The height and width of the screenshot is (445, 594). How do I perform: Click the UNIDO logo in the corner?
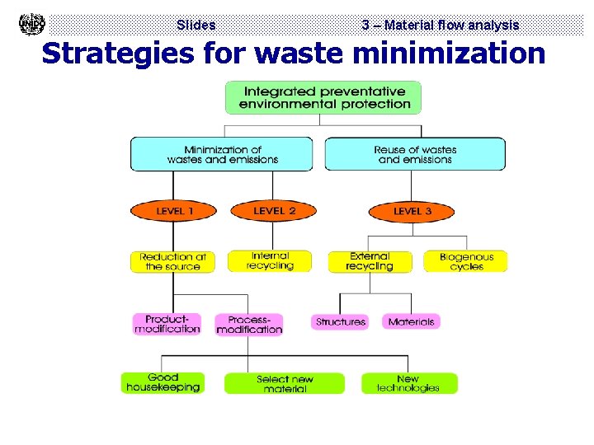[31, 24]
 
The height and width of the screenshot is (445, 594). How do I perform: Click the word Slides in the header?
[196, 26]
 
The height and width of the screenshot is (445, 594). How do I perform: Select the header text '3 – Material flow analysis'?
[441, 26]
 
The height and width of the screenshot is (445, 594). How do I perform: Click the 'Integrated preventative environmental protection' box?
[323, 97]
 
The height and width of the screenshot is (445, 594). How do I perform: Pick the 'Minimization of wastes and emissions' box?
[222, 154]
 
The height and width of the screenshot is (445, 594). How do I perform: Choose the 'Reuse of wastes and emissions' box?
[415, 154]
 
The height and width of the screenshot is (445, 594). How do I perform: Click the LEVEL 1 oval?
[174, 211]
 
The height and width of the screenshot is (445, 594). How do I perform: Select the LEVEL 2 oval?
[274, 211]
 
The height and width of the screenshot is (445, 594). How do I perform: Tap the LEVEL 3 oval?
[412, 212]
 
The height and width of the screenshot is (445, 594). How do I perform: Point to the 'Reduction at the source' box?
[172, 261]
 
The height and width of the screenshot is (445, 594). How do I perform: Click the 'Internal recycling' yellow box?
[270, 260]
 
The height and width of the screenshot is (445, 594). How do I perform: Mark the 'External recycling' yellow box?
[370, 261]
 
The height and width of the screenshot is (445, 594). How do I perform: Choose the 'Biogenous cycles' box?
[466, 261]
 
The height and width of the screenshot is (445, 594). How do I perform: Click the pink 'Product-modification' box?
[167, 324]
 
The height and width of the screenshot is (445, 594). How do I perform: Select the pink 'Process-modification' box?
[249, 325]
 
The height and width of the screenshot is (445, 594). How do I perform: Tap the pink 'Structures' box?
[341, 321]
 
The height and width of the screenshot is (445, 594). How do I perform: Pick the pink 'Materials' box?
[411, 321]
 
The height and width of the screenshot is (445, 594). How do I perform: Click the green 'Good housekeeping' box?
[163, 382]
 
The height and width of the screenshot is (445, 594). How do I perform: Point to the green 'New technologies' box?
[408, 383]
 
